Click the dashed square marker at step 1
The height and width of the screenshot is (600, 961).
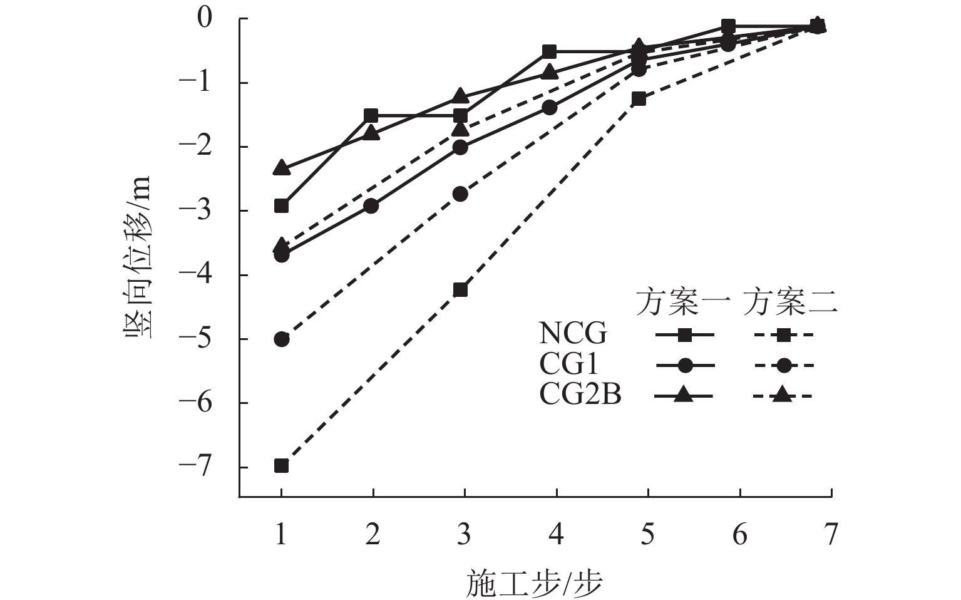tap(282, 465)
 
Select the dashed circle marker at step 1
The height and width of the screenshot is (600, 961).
tap(282, 339)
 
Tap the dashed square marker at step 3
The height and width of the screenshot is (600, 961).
tap(460, 290)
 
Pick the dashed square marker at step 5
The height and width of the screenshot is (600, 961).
tap(639, 99)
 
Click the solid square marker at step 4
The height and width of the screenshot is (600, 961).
tap(550, 51)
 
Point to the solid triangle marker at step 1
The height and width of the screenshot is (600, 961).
tap(282, 168)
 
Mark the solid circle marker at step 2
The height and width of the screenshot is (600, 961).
tap(371, 206)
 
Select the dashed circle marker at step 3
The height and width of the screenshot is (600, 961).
tap(460, 194)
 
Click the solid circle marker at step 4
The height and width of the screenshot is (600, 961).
tap(550, 108)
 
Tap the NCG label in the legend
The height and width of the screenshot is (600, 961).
tap(573, 334)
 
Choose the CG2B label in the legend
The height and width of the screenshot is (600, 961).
tap(580, 395)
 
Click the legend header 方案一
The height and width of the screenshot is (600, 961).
tap(683, 303)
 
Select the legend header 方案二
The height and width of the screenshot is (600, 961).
tap(791, 303)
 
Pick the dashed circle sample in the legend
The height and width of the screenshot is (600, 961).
tap(784, 365)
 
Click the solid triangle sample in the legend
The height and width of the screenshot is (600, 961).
tap(684, 395)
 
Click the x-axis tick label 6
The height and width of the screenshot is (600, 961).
tap(739, 535)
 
